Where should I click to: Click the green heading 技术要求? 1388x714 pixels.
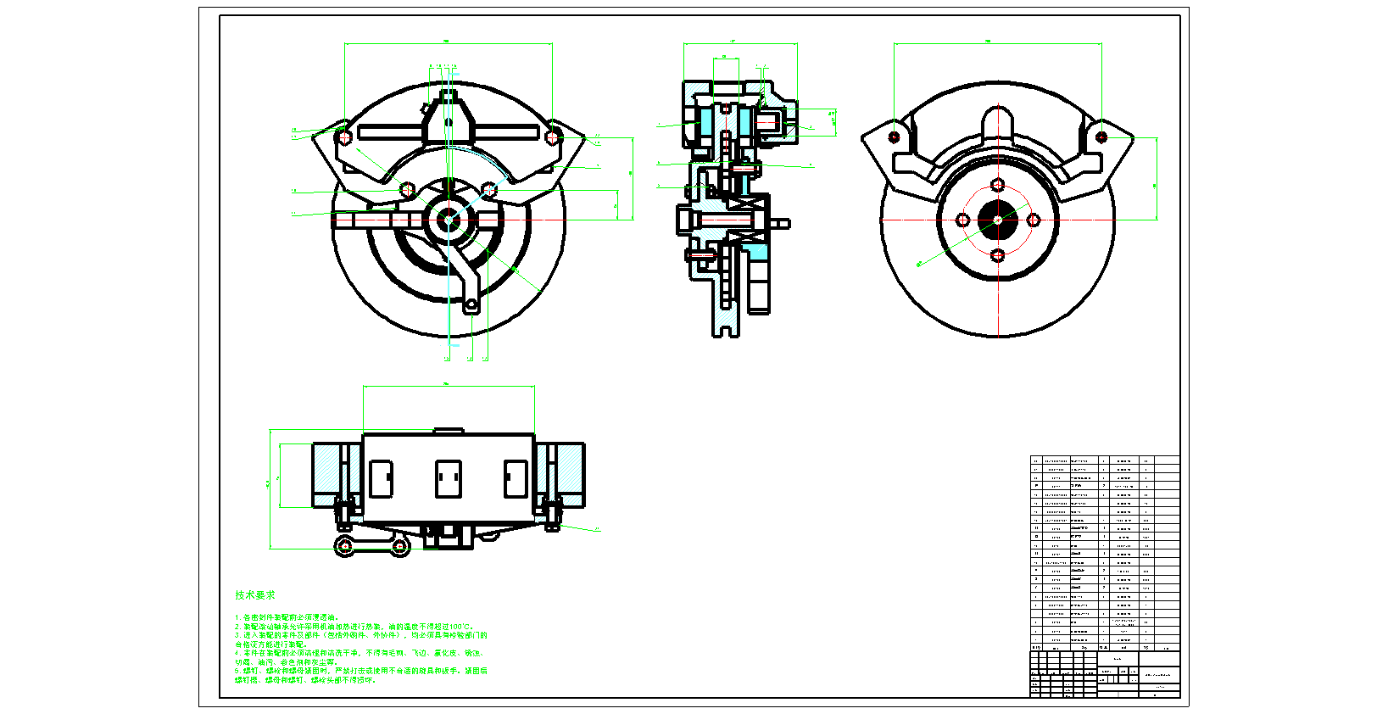[254, 595]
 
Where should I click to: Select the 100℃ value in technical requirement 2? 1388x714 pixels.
[459, 627]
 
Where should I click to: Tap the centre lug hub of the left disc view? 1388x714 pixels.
[449, 220]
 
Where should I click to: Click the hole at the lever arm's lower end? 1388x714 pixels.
[471, 303]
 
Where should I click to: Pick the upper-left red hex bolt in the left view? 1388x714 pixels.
[343, 137]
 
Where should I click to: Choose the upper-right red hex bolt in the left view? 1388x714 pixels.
[553, 137]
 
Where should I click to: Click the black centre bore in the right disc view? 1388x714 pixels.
[998, 220]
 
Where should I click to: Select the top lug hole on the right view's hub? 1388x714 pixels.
[998, 185]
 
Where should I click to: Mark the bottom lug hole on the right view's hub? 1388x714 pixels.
[998, 255]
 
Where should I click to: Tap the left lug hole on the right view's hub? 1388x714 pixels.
[963, 220]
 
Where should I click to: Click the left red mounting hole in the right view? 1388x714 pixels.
[895, 137]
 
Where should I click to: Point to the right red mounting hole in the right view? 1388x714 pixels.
[1101, 137]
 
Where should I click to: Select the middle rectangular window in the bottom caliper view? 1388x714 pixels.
[449, 478]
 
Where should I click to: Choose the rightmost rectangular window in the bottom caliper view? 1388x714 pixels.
[516, 478]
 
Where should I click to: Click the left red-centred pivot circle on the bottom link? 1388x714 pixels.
[345, 547]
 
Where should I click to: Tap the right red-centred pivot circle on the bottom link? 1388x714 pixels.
[399, 547]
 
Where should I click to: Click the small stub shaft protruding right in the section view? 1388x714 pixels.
[782, 224]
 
